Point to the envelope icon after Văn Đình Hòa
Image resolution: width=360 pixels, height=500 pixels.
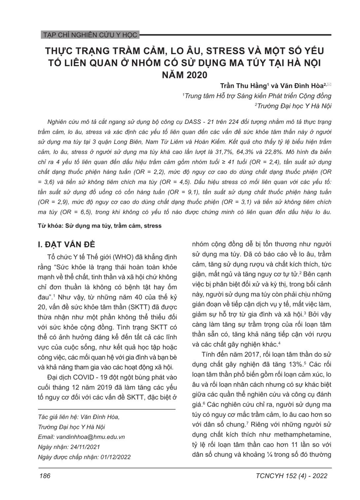tap(329, 85)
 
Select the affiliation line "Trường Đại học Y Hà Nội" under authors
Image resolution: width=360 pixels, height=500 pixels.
tap(294, 106)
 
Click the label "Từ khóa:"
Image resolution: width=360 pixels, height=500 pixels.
tap(50, 226)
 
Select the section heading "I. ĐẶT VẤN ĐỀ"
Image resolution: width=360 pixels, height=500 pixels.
tap(66, 244)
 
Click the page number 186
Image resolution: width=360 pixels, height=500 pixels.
tap(45, 476)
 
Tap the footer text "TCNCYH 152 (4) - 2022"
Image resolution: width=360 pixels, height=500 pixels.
tap(291, 476)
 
